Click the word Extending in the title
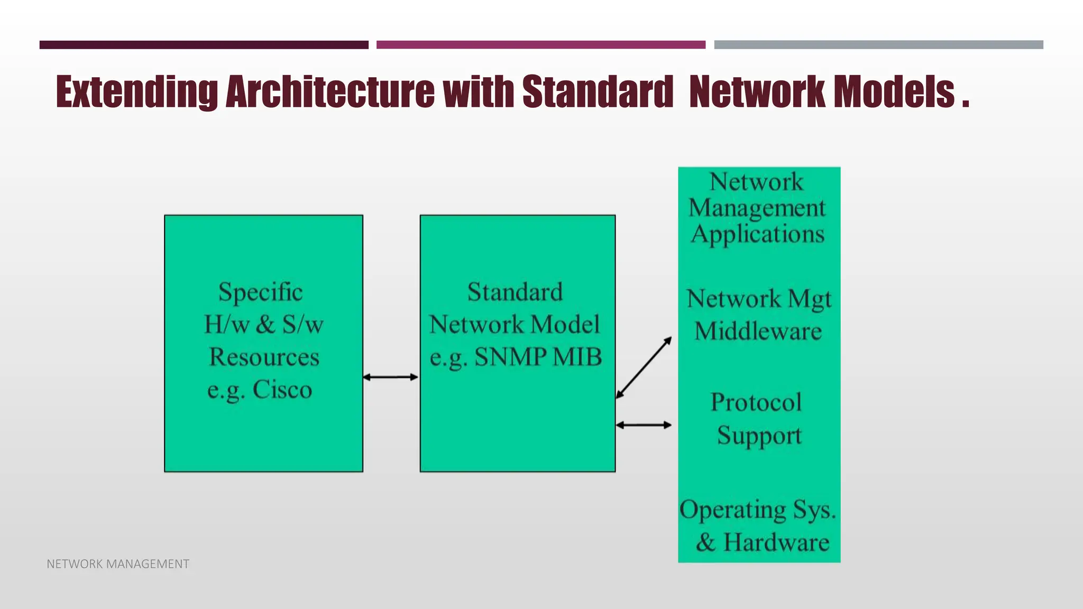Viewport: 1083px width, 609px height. (x=136, y=92)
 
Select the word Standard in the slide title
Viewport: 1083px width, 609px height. (x=598, y=92)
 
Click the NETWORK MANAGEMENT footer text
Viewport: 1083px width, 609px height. (x=118, y=564)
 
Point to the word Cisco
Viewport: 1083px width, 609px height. (x=282, y=390)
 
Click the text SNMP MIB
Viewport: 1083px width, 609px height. (x=538, y=357)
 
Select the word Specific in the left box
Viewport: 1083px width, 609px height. (x=260, y=292)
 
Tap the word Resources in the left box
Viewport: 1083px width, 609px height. (x=264, y=357)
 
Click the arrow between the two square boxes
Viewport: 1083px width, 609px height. (x=391, y=377)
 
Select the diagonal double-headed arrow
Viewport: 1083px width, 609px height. (x=644, y=367)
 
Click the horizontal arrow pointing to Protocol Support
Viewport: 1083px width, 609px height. (x=644, y=425)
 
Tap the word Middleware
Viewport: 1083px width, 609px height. (x=758, y=331)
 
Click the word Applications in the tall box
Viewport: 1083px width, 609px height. (x=758, y=234)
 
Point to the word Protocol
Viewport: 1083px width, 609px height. (x=756, y=402)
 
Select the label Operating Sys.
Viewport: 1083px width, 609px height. (x=758, y=510)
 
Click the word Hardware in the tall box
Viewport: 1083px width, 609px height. (x=776, y=542)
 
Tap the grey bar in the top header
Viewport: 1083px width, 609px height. (x=878, y=45)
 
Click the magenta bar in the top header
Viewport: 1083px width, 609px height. (x=540, y=45)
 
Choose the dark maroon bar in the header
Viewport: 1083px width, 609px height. (x=204, y=45)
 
